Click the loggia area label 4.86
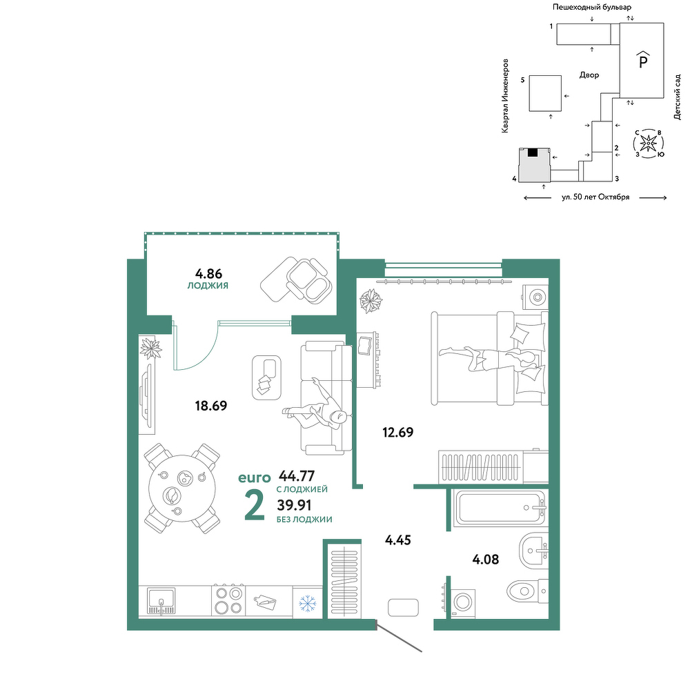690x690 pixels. [x=208, y=274]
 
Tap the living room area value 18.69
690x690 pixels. [x=211, y=405]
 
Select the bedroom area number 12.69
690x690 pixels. [x=398, y=432]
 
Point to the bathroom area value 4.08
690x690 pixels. [x=485, y=560]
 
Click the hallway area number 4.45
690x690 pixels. [x=398, y=540]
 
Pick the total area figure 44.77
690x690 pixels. [x=297, y=475]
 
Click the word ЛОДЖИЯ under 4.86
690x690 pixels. [x=208, y=286]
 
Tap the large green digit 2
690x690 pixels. [x=255, y=505]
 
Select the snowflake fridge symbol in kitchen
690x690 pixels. [x=308, y=603]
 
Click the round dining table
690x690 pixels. [x=182, y=489]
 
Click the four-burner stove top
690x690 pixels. [x=228, y=600]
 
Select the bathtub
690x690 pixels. [x=500, y=508]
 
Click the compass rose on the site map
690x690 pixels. [x=648, y=143]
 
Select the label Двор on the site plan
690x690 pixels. [x=589, y=75]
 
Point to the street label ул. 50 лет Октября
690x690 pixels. [x=595, y=197]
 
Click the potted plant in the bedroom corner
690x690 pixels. [x=371, y=301]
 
